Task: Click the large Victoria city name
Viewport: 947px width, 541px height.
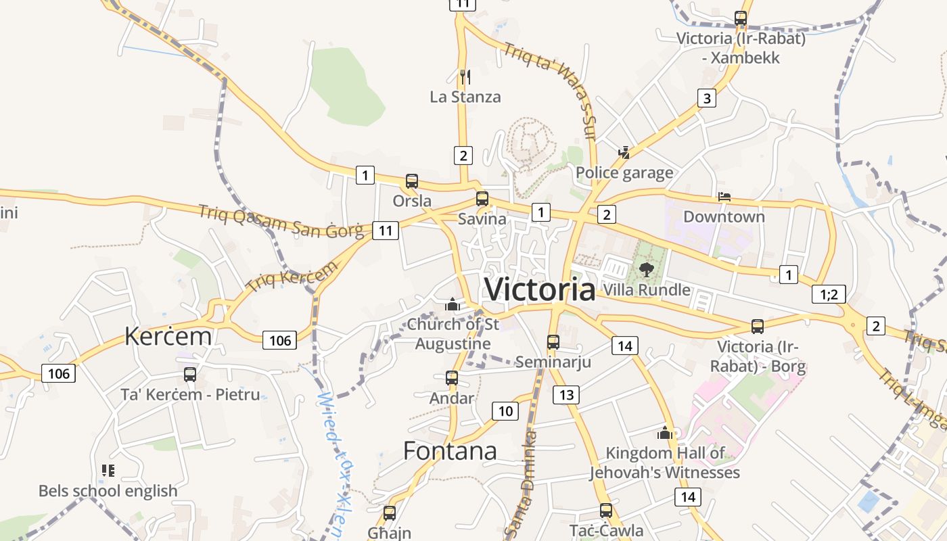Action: (540, 289)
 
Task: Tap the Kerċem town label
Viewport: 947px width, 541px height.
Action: (168, 336)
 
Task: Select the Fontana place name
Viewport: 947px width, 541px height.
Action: (450, 450)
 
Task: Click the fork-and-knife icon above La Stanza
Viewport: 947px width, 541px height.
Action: (465, 76)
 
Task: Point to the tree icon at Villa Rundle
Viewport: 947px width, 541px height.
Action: (647, 270)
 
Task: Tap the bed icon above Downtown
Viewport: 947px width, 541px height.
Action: (724, 197)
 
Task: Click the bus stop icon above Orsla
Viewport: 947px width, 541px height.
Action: (411, 181)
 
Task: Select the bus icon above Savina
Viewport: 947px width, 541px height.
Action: (482, 199)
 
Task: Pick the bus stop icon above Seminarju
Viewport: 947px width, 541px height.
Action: (553, 342)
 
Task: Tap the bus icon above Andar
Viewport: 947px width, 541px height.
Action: (452, 379)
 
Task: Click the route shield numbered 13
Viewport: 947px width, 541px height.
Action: (565, 395)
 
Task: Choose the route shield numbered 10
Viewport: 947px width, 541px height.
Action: (505, 410)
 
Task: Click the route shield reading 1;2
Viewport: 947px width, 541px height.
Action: (829, 294)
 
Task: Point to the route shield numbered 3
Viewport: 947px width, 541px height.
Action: (707, 98)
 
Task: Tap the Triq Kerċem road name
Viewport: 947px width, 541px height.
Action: (292, 277)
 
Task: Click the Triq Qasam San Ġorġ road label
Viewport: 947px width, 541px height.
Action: (281, 222)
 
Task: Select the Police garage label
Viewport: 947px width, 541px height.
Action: (624, 173)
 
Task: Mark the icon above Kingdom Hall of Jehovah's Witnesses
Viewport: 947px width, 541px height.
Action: (664, 433)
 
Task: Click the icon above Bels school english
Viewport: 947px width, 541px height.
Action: (108, 470)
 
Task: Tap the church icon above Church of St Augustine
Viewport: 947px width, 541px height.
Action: (453, 305)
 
